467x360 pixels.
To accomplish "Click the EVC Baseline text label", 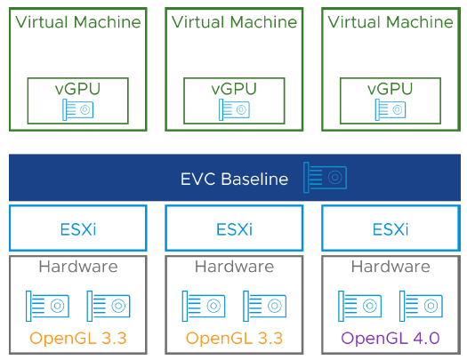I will [234, 179].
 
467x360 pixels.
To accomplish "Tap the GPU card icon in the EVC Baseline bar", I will [325, 177].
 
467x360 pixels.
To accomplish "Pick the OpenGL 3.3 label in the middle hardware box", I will [234, 338].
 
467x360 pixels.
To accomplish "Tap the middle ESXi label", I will [234, 228].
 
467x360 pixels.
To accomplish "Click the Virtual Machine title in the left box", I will [77, 20].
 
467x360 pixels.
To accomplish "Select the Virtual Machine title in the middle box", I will [233, 20].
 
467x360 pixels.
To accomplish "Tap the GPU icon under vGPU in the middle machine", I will [233, 108].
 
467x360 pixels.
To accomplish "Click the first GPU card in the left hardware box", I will [47, 305].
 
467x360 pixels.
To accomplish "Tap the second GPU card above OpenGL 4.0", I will [421, 305].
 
